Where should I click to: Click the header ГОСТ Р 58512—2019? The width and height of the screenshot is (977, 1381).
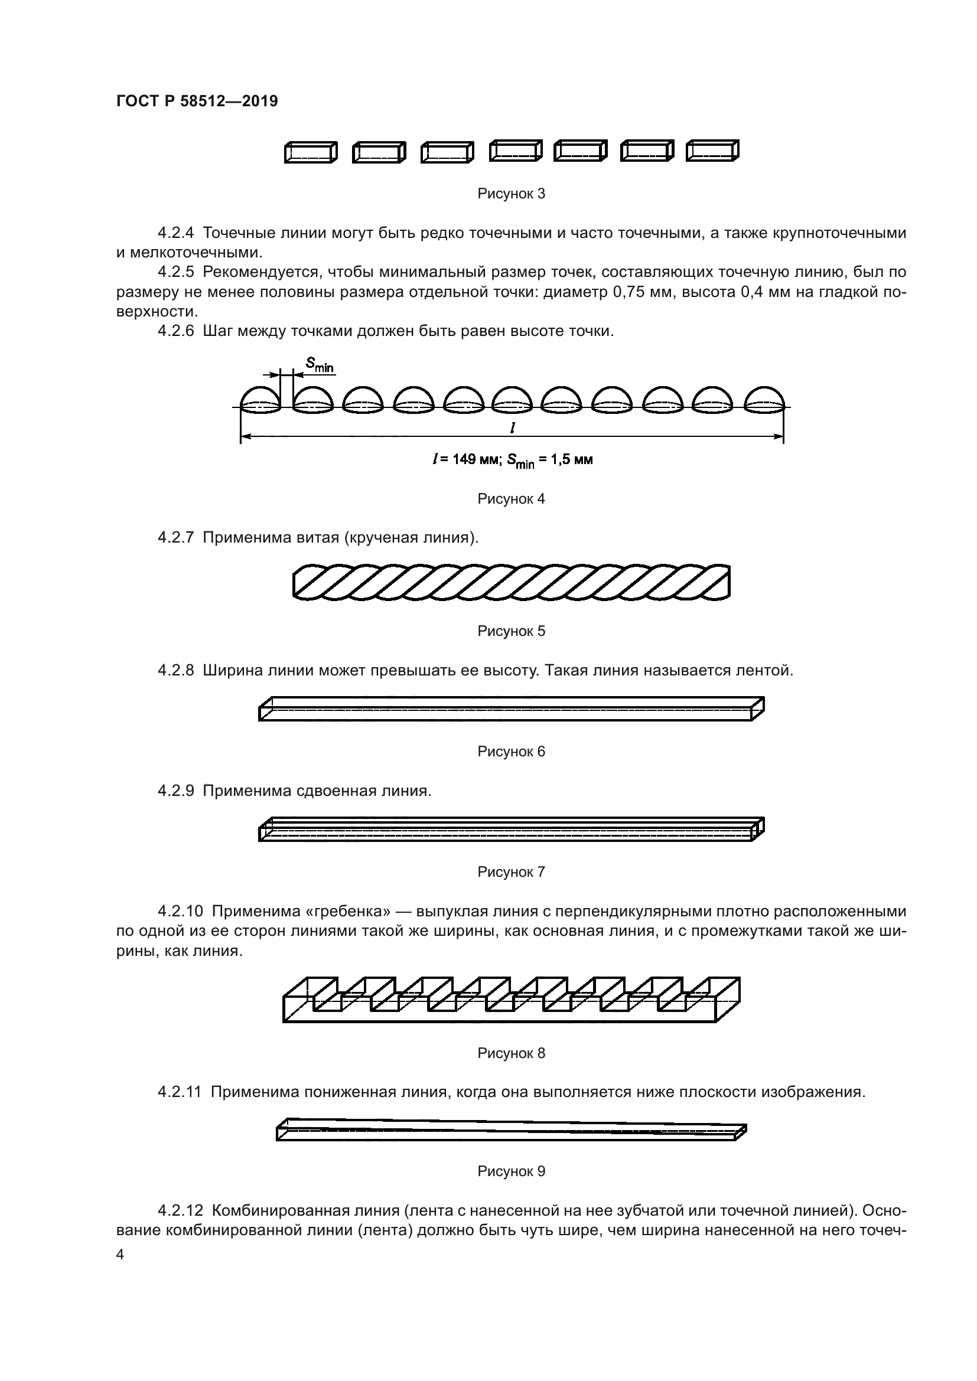[197, 101]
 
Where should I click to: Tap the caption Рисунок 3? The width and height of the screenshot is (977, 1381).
[511, 194]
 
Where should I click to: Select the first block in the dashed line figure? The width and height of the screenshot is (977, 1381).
[311, 153]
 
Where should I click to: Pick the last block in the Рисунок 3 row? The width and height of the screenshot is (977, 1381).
[712, 151]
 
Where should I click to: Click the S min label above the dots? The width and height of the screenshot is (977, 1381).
[319, 364]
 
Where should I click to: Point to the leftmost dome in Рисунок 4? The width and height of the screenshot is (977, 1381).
[260, 399]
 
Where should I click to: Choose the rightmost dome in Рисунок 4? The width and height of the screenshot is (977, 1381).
[764, 399]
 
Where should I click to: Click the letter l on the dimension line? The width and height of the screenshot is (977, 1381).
[512, 427]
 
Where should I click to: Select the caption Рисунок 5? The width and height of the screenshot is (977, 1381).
[511, 631]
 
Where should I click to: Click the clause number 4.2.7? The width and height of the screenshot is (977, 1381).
[175, 537]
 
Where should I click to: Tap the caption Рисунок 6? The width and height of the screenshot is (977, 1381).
[511, 751]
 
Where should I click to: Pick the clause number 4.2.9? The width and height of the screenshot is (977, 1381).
[175, 791]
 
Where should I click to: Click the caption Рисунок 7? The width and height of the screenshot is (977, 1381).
[511, 871]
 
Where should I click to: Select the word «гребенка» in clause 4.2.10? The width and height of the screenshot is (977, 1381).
[349, 911]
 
